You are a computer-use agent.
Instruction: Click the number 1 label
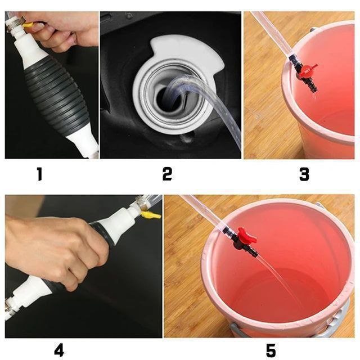[40, 174]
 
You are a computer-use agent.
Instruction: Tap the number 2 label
[167, 174]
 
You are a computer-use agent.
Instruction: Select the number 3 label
[304, 174]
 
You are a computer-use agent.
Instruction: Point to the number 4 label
[59, 350]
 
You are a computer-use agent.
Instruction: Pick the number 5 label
[271, 350]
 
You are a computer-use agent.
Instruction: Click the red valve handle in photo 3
[307, 70]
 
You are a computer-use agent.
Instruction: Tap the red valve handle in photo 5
[247, 235]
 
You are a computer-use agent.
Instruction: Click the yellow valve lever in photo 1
[28, 25]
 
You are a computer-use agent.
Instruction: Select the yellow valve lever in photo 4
[151, 215]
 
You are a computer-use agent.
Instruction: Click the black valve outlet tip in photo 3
[314, 89]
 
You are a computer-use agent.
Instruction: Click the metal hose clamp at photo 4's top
[141, 202]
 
